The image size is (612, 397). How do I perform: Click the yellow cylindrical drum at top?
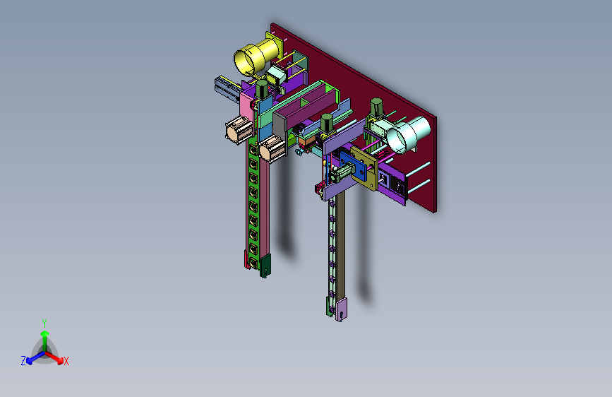[256, 57]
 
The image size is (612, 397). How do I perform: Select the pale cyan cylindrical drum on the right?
[408, 134]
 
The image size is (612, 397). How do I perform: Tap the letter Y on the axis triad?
[44, 324]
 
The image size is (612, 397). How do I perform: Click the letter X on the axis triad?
[66, 361]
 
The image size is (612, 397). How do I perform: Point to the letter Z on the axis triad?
[23, 361]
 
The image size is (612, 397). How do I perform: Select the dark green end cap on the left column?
[265, 266]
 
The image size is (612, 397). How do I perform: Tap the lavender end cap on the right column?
[342, 309]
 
